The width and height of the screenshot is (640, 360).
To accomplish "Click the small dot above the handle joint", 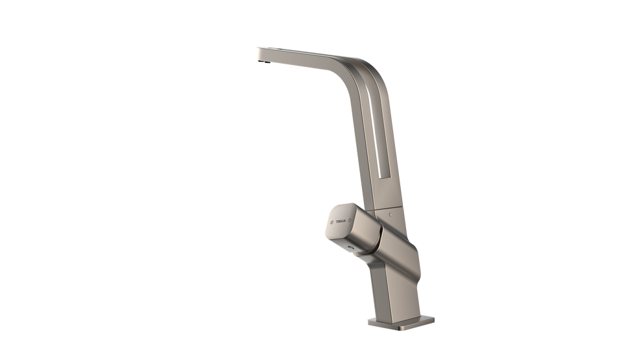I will (x=389, y=212).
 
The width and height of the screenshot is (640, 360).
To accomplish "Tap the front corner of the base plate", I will (x=368, y=323).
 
